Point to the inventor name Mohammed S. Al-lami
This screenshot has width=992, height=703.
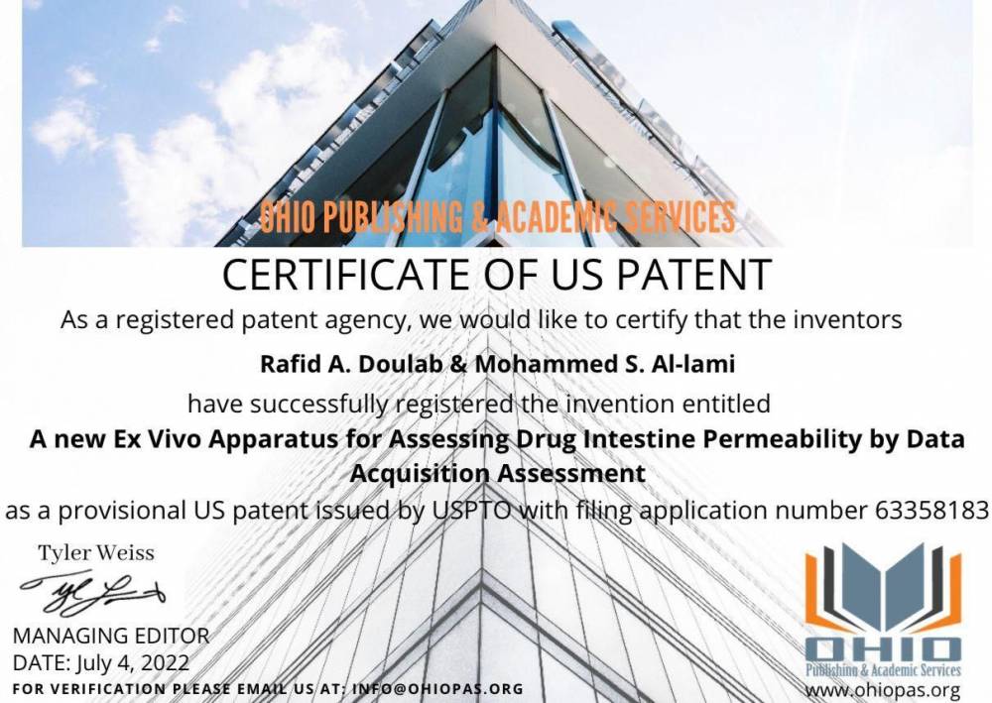coord(605,364)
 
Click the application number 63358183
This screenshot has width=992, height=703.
coord(931,510)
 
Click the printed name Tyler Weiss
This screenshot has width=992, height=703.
coord(96,553)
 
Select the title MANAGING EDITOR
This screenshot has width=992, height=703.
coord(111,636)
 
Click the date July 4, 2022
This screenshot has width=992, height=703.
coord(133,662)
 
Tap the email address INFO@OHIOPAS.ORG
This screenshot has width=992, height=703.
coord(437,688)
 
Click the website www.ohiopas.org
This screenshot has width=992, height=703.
coord(883,690)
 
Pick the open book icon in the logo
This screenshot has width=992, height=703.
coord(883,588)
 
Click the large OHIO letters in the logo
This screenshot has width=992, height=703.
coord(883,649)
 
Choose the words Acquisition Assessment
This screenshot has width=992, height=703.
coord(498,474)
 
